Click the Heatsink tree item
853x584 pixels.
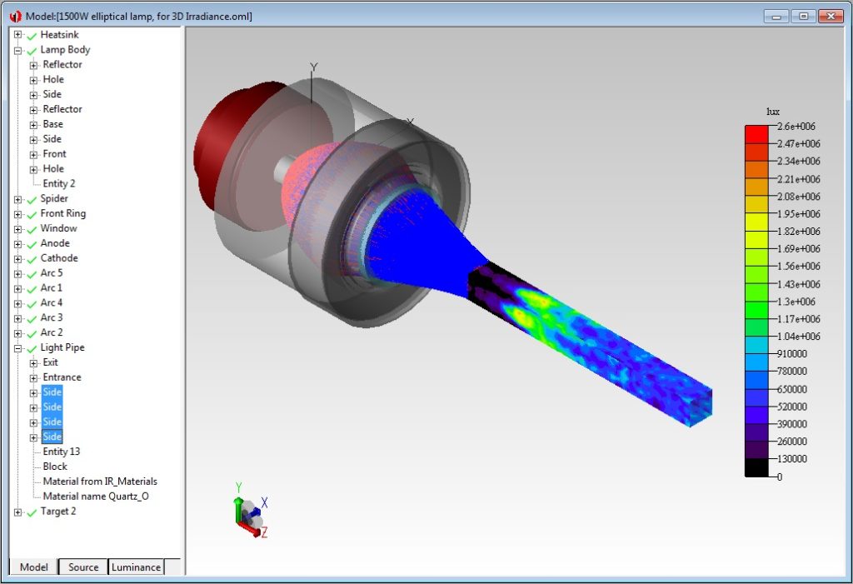click(x=59, y=35)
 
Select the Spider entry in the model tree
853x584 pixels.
click(x=54, y=198)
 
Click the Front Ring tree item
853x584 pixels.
click(x=62, y=213)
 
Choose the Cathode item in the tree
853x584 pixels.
click(x=58, y=258)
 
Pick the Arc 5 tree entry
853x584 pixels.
click(x=51, y=273)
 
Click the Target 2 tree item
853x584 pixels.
click(x=57, y=512)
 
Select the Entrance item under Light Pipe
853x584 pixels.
click(x=62, y=377)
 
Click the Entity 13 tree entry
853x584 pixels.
click(x=61, y=452)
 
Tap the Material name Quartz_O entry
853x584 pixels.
click(x=96, y=497)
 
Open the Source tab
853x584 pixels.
click(x=83, y=567)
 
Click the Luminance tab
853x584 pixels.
click(x=136, y=567)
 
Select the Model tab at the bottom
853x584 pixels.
click(x=34, y=567)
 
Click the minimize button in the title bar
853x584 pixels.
click(x=776, y=16)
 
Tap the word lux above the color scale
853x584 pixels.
click(x=773, y=112)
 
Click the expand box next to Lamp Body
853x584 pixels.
click(x=17, y=50)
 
